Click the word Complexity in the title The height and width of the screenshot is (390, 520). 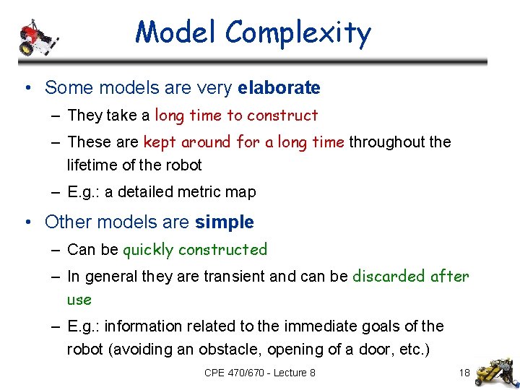pos(298,33)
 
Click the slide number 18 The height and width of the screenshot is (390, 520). pos(464,373)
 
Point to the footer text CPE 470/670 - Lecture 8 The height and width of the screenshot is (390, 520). pos(259,373)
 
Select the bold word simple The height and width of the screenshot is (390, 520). pos(224,222)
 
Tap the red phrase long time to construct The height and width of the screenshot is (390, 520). pos(236,116)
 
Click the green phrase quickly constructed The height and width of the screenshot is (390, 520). pos(195,250)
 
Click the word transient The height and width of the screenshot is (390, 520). pos(229,277)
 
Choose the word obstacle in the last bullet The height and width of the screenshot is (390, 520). pos(233,350)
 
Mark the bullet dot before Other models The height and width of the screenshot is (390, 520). pos(27,222)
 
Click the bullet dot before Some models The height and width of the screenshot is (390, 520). pos(27,88)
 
